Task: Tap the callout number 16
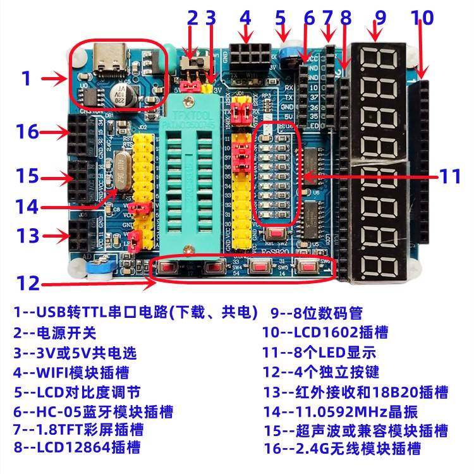(x=28, y=132)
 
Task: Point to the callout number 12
(x=28, y=283)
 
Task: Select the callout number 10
(x=423, y=18)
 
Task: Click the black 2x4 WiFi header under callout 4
(x=246, y=54)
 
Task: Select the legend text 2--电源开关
(x=55, y=332)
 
